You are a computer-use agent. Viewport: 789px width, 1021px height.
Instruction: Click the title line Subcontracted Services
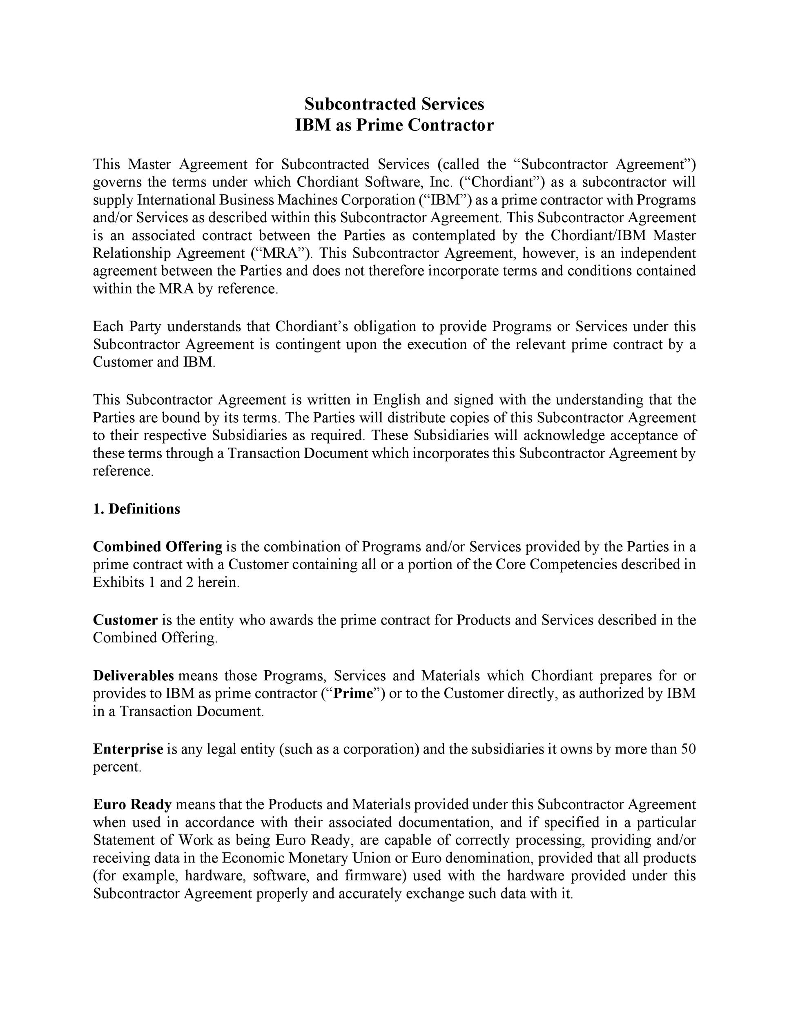click(394, 104)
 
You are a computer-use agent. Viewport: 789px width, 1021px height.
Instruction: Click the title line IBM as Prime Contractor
click(394, 125)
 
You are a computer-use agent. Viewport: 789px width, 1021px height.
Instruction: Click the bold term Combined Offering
click(158, 546)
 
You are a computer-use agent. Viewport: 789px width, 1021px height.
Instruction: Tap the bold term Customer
click(125, 620)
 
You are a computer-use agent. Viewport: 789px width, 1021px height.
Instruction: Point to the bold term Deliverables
click(133, 675)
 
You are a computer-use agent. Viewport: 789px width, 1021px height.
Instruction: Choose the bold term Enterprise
click(128, 749)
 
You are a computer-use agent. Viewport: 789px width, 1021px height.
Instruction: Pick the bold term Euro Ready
click(132, 805)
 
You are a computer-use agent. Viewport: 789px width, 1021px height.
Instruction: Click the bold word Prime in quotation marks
click(353, 693)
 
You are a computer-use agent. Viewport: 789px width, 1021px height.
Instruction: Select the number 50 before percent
click(688, 749)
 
